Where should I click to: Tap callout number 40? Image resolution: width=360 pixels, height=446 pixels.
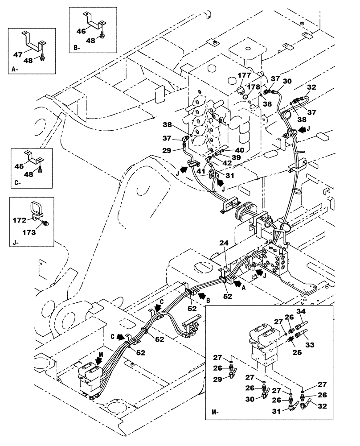click(240, 150)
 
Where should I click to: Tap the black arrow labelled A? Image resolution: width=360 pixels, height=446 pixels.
click(238, 282)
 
